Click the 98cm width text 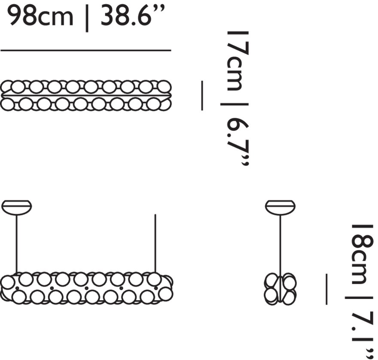40,16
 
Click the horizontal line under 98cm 86,50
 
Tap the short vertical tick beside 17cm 202,95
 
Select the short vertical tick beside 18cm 326,289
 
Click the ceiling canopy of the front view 17,207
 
